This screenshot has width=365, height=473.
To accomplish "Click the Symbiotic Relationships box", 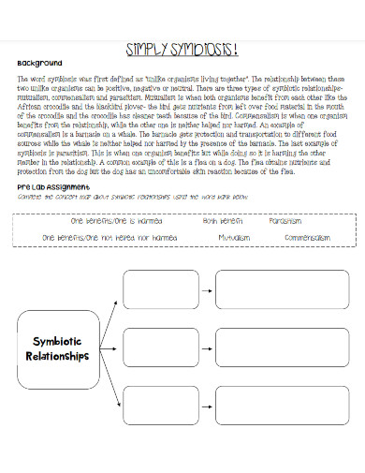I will (x=59, y=349).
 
